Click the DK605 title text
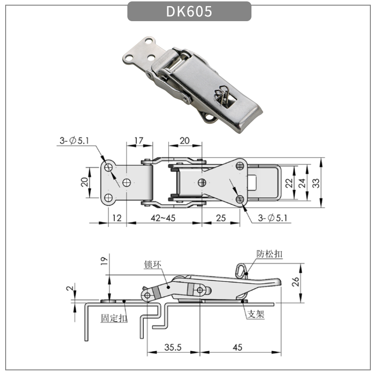(x=189, y=12)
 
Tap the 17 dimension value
(x=139, y=141)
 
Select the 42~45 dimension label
(x=164, y=218)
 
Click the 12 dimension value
(x=117, y=218)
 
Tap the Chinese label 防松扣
(x=270, y=253)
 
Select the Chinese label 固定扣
(x=114, y=318)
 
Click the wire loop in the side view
(x=241, y=269)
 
